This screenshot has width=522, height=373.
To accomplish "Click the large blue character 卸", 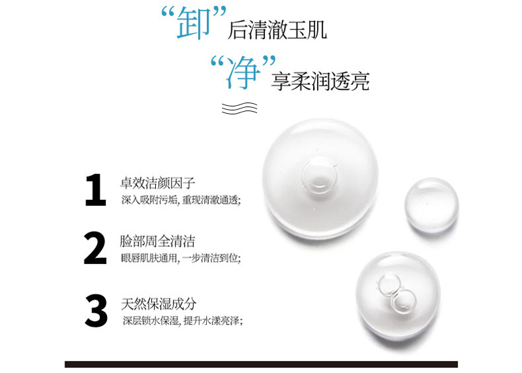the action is tap(193, 23).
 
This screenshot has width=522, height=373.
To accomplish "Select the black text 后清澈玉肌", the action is tap(277, 30).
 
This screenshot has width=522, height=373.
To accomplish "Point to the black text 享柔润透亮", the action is tap(320, 81).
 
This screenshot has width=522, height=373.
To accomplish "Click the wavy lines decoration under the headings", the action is tap(239, 108).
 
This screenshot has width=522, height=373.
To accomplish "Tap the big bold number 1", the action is tap(95, 189).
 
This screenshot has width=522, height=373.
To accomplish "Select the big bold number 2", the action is tap(95, 248).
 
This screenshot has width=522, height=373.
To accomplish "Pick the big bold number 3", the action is tap(96, 310).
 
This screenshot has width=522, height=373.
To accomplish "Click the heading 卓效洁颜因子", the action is tap(157, 183).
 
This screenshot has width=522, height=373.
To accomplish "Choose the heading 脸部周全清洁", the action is tap(157, 241).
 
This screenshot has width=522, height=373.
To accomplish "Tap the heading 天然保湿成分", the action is tap(159, 304).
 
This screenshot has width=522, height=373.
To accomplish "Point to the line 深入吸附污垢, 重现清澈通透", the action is tap(181, 200).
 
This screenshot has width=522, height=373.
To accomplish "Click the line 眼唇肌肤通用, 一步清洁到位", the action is tap(181, 258).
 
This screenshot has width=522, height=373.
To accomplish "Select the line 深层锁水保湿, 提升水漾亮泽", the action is tap(183, 321).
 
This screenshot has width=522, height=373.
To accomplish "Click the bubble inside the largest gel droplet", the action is tap(319, 175).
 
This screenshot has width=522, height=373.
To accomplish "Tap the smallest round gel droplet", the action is tap(431, 205).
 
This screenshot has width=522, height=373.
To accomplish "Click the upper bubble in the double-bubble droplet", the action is tap(388, 285).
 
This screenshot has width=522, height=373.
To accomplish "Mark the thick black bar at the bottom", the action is tap(262, 365).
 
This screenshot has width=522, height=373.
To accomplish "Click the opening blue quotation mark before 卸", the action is tap(168, 12).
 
